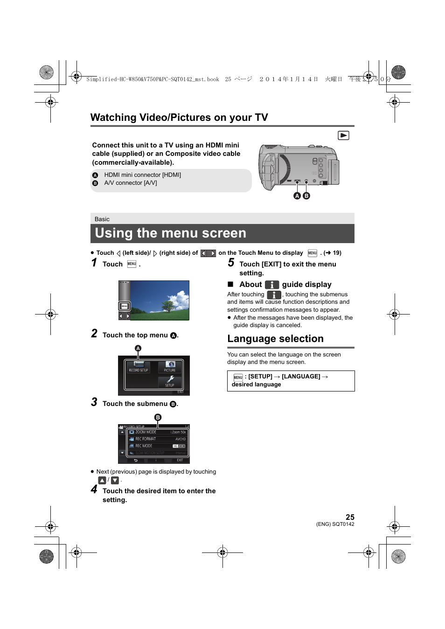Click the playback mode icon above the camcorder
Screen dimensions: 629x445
(x=343, y=135)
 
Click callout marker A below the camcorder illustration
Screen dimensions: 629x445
(x=297, y=196)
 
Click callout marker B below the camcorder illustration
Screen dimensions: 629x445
(x=306, y=196)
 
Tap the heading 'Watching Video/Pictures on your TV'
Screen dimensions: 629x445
(x=179, y=118)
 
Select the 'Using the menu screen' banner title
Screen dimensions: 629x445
(x=170, y=233)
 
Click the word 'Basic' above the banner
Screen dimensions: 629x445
(x=102, y=219)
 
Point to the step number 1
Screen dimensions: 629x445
(x=94, y=263)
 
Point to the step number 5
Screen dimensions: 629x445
(x=231, y=263)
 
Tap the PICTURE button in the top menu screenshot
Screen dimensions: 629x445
(x=170, y=366)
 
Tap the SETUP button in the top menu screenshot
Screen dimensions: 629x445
(x=170, y=382)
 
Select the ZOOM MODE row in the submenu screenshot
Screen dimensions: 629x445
(x=158, y=432)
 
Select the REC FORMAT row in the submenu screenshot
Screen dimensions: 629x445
(x=158, y=439)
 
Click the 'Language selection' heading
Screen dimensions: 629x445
(x=275, y=339)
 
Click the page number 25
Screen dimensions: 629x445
(x=350, y=517)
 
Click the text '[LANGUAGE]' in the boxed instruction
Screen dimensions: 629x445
(x=301, y=377)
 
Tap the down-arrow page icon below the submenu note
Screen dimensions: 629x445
(x=115, y=480)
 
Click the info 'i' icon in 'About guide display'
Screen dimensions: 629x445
(x=272, y=285)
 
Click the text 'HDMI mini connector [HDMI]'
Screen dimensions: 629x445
(x=142, y=175)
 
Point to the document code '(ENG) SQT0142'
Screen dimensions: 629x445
(x=335, y=524)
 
